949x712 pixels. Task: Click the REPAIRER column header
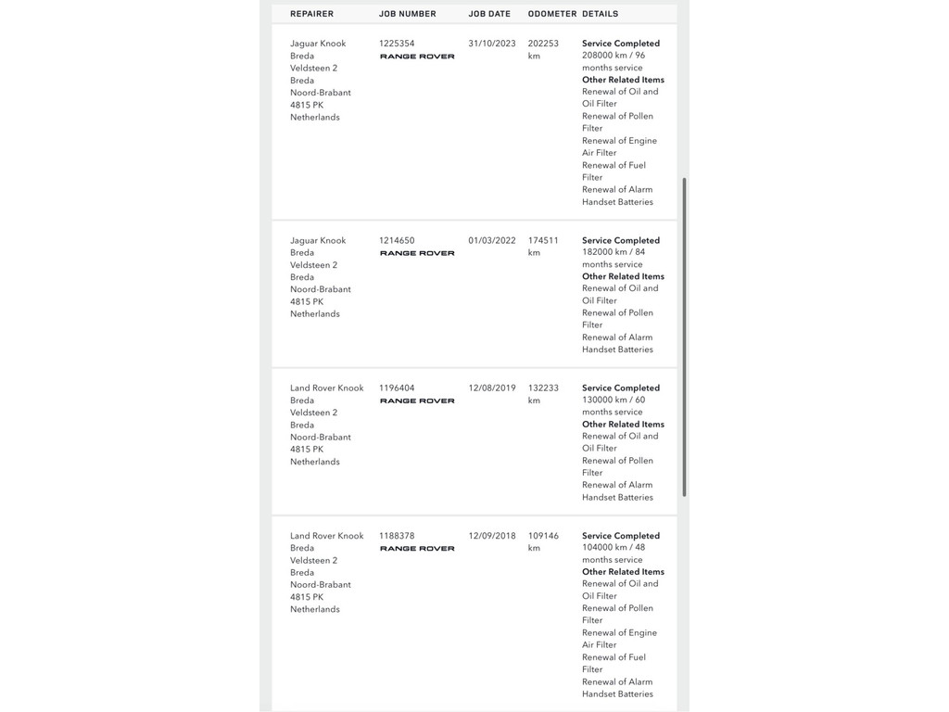point(311,14)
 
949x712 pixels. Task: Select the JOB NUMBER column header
point(408,14)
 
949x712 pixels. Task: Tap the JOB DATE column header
point(489,14)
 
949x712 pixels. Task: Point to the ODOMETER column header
point(552,14)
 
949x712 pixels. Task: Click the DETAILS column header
point(601,14)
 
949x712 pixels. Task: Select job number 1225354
point(397,44)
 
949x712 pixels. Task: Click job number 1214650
point(397,240)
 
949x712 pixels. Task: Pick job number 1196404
point(397,388)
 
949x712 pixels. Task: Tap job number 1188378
point(397,536)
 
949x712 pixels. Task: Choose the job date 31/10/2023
point(492,44)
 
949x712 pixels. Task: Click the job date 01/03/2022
point(492,240)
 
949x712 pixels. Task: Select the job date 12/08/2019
point(492,388)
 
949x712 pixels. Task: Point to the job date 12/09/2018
point(492,536)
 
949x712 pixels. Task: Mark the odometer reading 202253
point(543,44)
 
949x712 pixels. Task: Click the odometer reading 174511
point(543,240)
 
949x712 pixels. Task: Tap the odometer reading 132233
point(543,388)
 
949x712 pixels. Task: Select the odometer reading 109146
point(543,536)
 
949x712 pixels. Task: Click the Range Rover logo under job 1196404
point(417,401)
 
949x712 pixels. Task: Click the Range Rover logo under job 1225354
point(417,57)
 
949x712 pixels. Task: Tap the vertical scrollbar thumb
point(685,337)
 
